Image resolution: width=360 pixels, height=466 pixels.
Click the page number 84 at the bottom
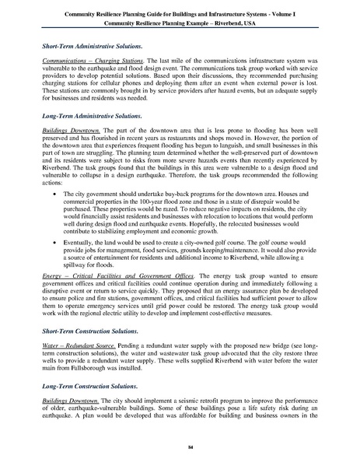pos(180,448)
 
